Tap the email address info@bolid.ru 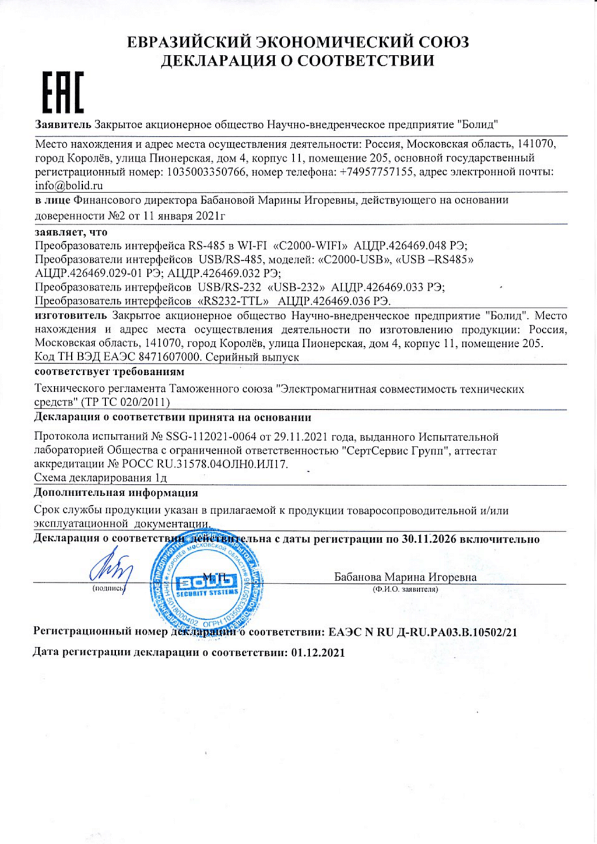[x=69, y=186]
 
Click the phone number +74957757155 [x=376, y=172]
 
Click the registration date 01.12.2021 [x=317, y=653]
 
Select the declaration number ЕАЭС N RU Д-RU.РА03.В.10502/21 [x=423, y=632]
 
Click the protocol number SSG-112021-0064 [x=212, y=437]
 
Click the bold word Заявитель [x=63, y=124]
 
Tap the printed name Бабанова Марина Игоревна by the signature [x=405, y=577]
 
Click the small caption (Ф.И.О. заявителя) [x=405, y=589]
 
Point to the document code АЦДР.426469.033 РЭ [x=385, y=287]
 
